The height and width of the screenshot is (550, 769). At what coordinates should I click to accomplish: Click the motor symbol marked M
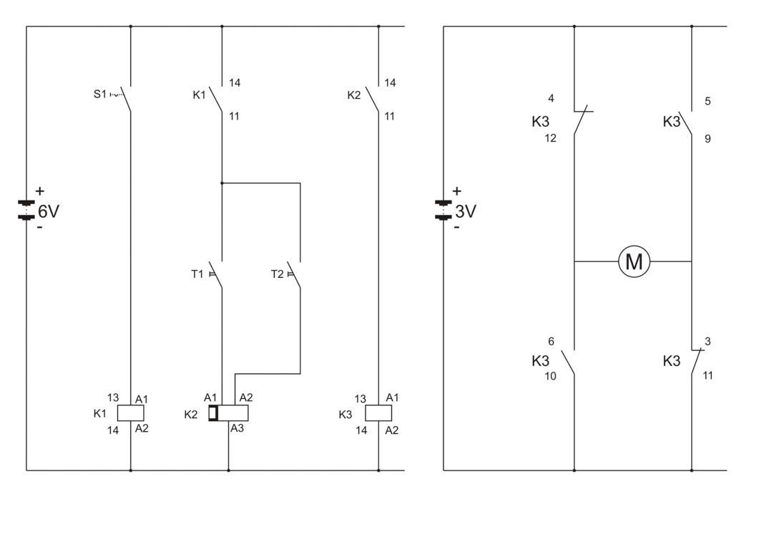634,261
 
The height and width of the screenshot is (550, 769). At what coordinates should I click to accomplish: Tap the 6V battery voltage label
49,211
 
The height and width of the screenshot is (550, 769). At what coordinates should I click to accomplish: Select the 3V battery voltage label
466,212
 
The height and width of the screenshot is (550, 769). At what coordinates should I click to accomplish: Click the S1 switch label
100,94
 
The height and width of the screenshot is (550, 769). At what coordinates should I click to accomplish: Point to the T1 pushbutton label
197,274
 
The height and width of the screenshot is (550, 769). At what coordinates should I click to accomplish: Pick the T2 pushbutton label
277,274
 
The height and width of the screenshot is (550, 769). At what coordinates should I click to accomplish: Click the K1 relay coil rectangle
130,412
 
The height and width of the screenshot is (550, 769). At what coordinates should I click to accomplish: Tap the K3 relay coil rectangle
378,412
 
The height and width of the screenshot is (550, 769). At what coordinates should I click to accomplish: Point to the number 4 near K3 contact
551,98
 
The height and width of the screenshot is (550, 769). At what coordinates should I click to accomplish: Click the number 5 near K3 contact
707,101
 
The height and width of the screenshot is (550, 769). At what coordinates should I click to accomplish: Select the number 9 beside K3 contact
707,138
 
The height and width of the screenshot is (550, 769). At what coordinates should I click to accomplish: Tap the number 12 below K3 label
550,138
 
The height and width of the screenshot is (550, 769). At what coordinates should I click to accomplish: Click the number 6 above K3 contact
551,342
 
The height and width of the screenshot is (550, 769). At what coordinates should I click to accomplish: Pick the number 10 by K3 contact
550,375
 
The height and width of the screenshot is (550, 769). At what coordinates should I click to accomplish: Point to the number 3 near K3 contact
707,342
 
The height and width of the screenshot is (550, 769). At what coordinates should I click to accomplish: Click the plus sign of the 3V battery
457,191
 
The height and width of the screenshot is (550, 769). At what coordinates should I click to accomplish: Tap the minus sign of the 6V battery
39,228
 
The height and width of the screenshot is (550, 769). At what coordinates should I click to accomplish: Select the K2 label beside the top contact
354,95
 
